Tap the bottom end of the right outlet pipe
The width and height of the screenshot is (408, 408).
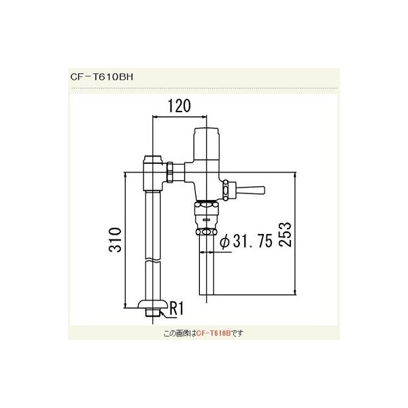click(x=207, y=293)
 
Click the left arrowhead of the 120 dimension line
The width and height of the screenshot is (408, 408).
click(x=158, y=118)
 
